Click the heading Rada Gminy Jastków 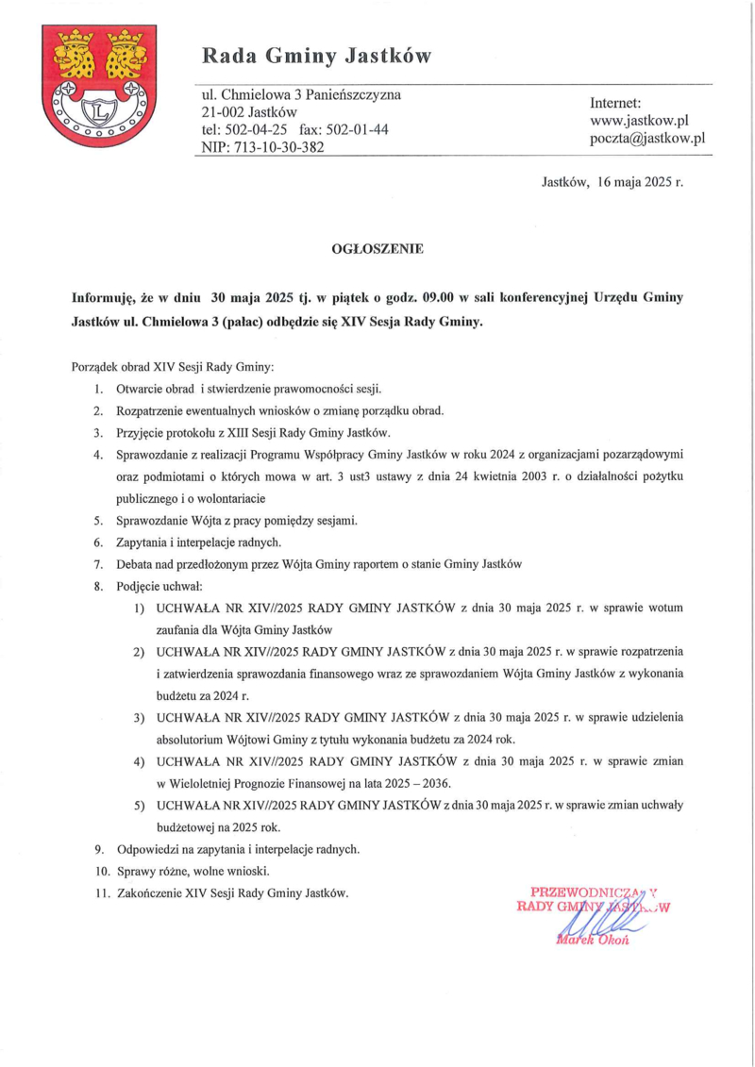[x=316, y=57]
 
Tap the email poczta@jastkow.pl [x=647, y=139]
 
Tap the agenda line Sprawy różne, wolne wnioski [x=193, y=870]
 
